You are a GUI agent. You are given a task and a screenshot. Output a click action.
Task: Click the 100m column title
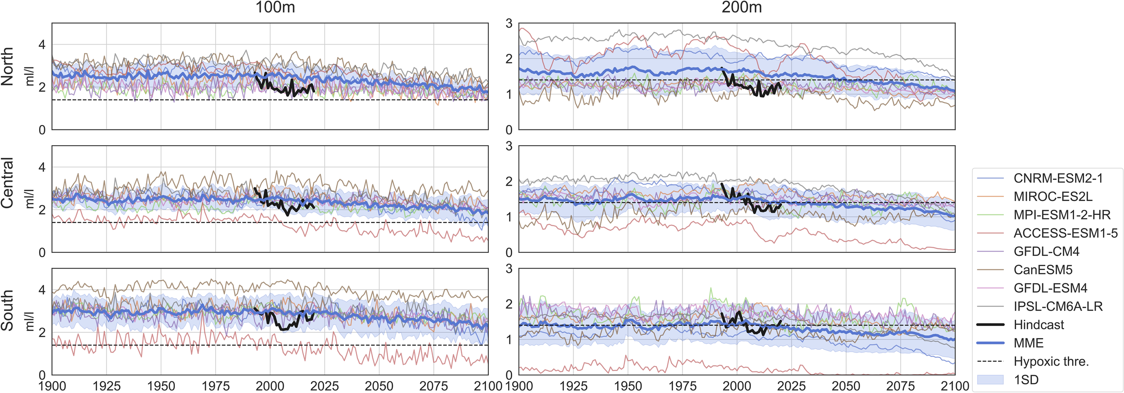[x=275, y=8]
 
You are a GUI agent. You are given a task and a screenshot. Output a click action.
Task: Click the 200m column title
[x=741, y=8]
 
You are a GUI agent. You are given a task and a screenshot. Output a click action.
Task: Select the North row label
[x=8, y=67]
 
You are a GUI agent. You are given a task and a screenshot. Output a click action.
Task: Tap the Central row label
[x=8, y=183]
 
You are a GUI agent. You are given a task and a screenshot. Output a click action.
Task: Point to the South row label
[x=8, y=310]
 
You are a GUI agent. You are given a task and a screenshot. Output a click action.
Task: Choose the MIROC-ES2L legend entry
[x=1053, y=196]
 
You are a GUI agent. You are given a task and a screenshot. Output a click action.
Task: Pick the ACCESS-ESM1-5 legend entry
[x=1065, y=233]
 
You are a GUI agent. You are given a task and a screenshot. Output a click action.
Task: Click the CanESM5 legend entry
[x=1043, y=270]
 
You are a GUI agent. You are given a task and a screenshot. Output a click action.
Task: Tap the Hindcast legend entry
[x=1039, y=325]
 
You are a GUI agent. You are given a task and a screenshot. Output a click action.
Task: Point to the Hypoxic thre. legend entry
[x=1051, y=362]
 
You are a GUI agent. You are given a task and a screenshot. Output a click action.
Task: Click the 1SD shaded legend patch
[x=990, y=380]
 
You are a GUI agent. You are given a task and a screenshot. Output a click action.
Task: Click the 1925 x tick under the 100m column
[x=107, y=386]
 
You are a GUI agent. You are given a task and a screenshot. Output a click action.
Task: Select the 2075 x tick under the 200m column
[x=901, y=386]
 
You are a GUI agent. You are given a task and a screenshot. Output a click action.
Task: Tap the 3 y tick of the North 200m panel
[x=509, y=24]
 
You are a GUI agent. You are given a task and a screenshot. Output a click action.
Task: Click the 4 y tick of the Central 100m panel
[x=42, y=167]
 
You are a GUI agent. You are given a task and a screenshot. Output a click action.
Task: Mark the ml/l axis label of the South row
[x=29, y=321]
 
